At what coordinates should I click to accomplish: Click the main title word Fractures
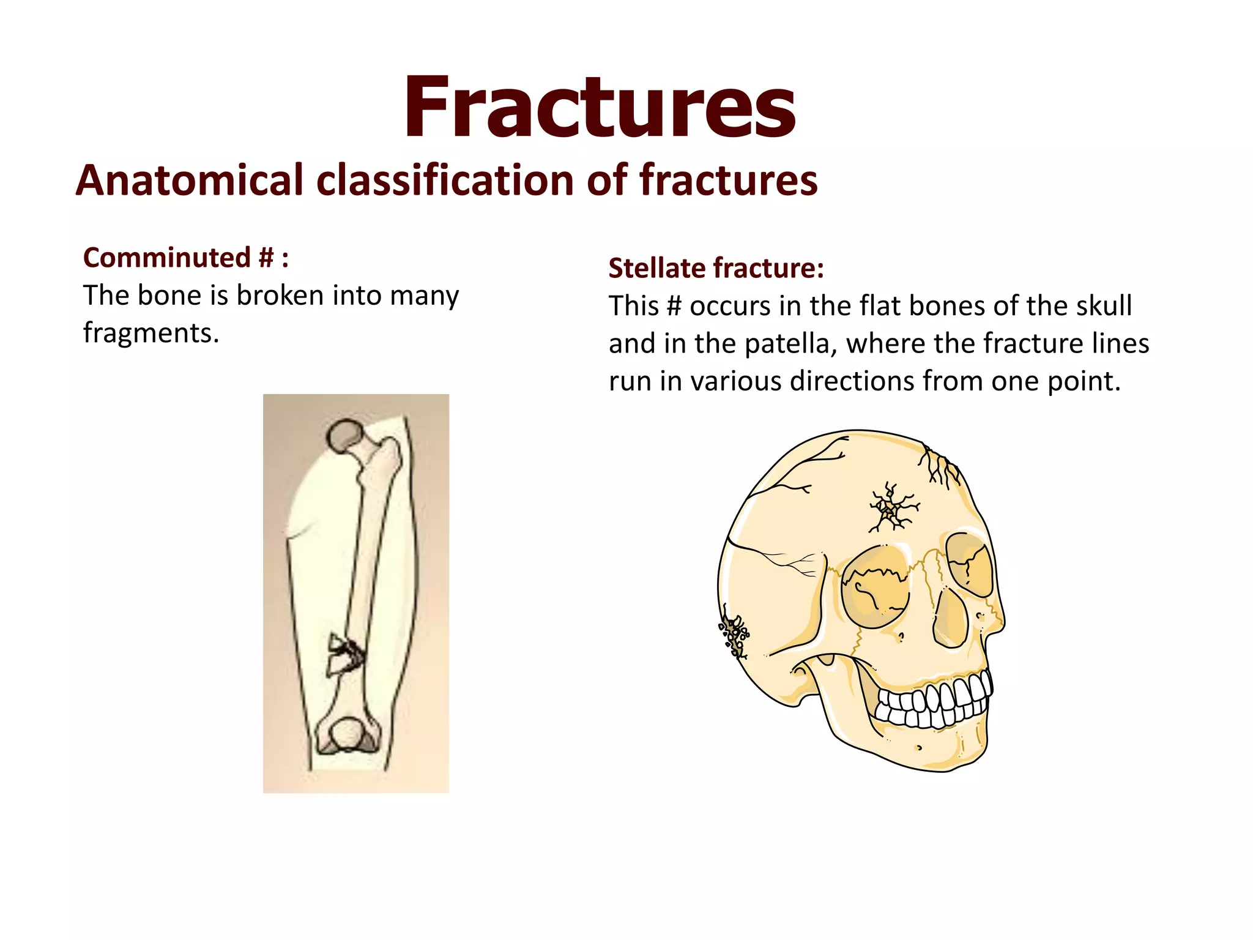pyautogui.click(x=600, y=108)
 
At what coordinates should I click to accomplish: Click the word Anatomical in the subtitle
pyautogui.click(x=190, y=181)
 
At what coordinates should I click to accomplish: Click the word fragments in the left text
pyautogui.click(x=151, y=334)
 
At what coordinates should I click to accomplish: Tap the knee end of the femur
pyautogui.click(x=347, y=735)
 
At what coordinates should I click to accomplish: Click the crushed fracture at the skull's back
pyautogui.click(x=734, y=634)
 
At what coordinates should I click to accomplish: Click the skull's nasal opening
pyautogui.click(x=950, y=618)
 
